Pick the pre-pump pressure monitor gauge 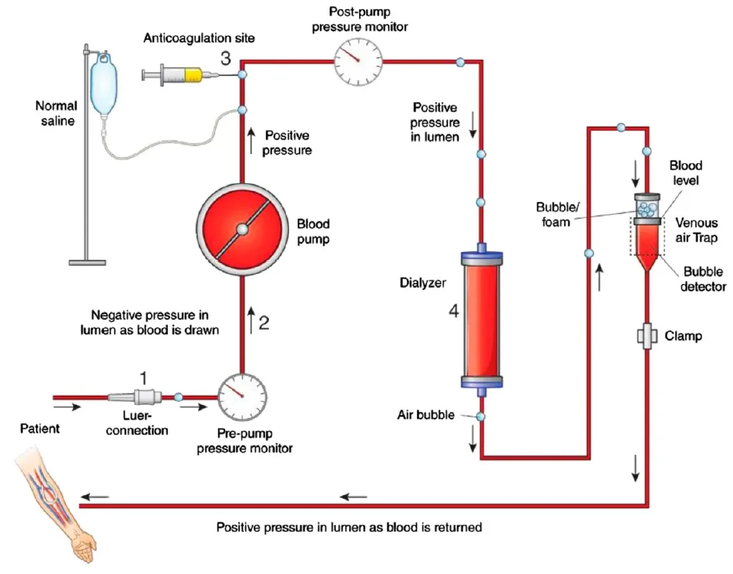pyautogui.click(x=242, y=396)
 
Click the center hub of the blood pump pyautogui.click(x=242, y=229)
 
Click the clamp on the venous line pyautogui.click(x=647, y=335)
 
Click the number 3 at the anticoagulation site pyautogui.click(x=225, y=58)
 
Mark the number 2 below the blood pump pyautogui.click(x=264, y=323)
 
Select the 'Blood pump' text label pyautogui.click(x=313, y=232)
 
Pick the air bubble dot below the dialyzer pyautogui.click(x=481, y=417)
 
